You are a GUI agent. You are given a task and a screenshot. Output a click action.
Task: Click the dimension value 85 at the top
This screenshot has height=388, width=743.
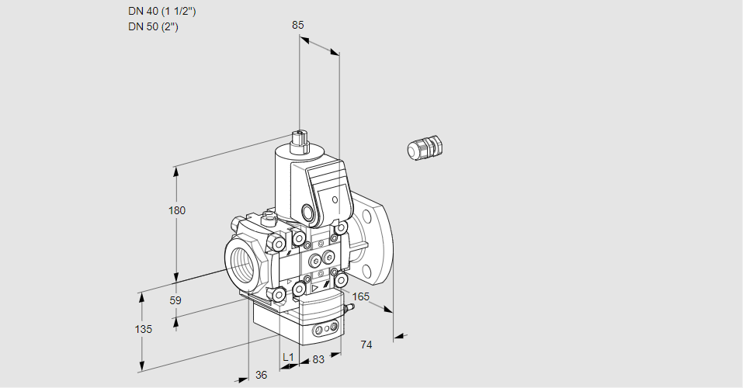[297, 25]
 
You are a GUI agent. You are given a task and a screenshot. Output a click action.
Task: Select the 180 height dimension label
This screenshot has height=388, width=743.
[177, 210]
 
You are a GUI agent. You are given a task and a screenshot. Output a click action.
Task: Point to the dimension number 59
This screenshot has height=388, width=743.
[175, 300]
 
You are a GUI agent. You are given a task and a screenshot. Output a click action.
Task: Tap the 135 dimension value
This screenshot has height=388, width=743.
[143, 329]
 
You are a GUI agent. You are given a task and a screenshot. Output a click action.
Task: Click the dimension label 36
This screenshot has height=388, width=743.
[261, 375]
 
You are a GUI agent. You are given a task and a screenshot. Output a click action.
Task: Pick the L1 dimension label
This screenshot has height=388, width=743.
[288, 357]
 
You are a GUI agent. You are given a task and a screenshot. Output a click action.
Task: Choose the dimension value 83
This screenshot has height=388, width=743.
[318, 359]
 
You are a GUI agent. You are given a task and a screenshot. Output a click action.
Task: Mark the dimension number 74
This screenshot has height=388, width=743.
[367, 345]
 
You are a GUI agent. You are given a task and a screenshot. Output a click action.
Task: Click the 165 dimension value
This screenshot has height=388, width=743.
[361, 296]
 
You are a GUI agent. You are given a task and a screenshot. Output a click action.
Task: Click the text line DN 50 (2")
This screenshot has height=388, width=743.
[154, 27]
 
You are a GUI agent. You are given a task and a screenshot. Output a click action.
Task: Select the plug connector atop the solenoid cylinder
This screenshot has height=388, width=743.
[300, 142]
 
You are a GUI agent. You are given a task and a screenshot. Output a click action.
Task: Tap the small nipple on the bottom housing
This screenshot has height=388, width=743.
[349, 307]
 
